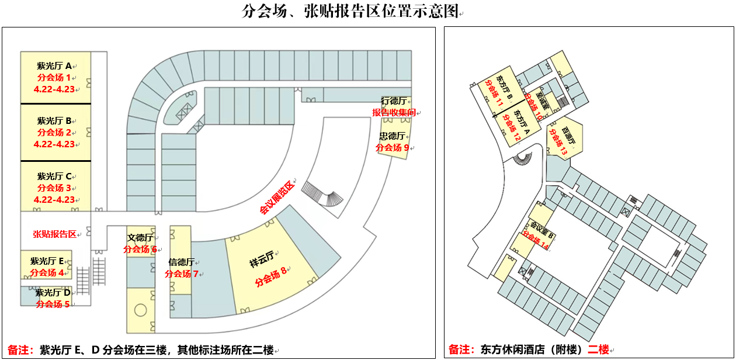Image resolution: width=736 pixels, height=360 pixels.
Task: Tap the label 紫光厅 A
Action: [54, 66]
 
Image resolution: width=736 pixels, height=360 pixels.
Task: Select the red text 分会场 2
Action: [54, 133]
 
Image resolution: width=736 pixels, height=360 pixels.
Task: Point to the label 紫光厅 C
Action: [54, 176]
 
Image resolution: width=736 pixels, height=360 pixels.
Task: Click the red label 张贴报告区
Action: [54, 234]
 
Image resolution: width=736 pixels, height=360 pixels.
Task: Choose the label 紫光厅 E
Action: [50, 261]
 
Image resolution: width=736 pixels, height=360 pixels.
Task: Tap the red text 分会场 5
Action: [53, 304]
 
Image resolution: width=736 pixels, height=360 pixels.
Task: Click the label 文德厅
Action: [140, 238]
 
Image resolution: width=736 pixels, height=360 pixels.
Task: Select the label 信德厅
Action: [181, 262]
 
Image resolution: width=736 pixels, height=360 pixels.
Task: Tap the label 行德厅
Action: [396, 101]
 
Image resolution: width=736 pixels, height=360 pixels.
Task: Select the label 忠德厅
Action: [393, 136]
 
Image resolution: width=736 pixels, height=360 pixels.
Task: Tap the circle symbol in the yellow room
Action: [140, 310]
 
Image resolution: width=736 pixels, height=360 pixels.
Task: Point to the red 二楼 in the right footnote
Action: [598, 350]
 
